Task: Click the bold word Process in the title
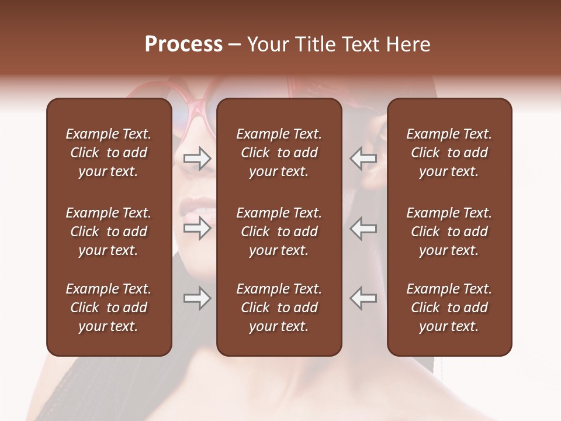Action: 183,44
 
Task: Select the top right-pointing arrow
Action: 198,158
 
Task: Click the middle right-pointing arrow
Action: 198,228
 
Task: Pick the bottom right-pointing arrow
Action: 198,298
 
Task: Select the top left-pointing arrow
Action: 363,158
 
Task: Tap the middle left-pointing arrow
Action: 363,228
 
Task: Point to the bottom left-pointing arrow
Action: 363,298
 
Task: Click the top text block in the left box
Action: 109,153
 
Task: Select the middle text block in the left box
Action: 109,232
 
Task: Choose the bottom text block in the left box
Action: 109,308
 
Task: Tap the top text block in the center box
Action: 279,153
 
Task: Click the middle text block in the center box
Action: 279,232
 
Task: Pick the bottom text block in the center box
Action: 279,308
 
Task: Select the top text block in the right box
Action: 449,153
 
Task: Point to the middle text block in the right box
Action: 449,232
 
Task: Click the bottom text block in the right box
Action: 449,308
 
